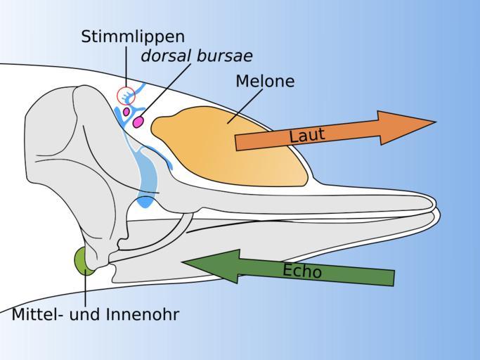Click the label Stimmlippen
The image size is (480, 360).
click(133, 37)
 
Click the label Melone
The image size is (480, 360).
click(265, 82)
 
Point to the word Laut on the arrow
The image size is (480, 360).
click(307, 134)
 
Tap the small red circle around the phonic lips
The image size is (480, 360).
click(126, 95)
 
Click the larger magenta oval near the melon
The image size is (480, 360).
click(139, 122)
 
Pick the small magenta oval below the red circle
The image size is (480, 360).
click(127, 111)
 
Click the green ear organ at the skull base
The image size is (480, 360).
click(84, 259)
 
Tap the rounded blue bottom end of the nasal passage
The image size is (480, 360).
click(145, 202)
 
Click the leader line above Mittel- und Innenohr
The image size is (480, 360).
click(86, 288)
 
